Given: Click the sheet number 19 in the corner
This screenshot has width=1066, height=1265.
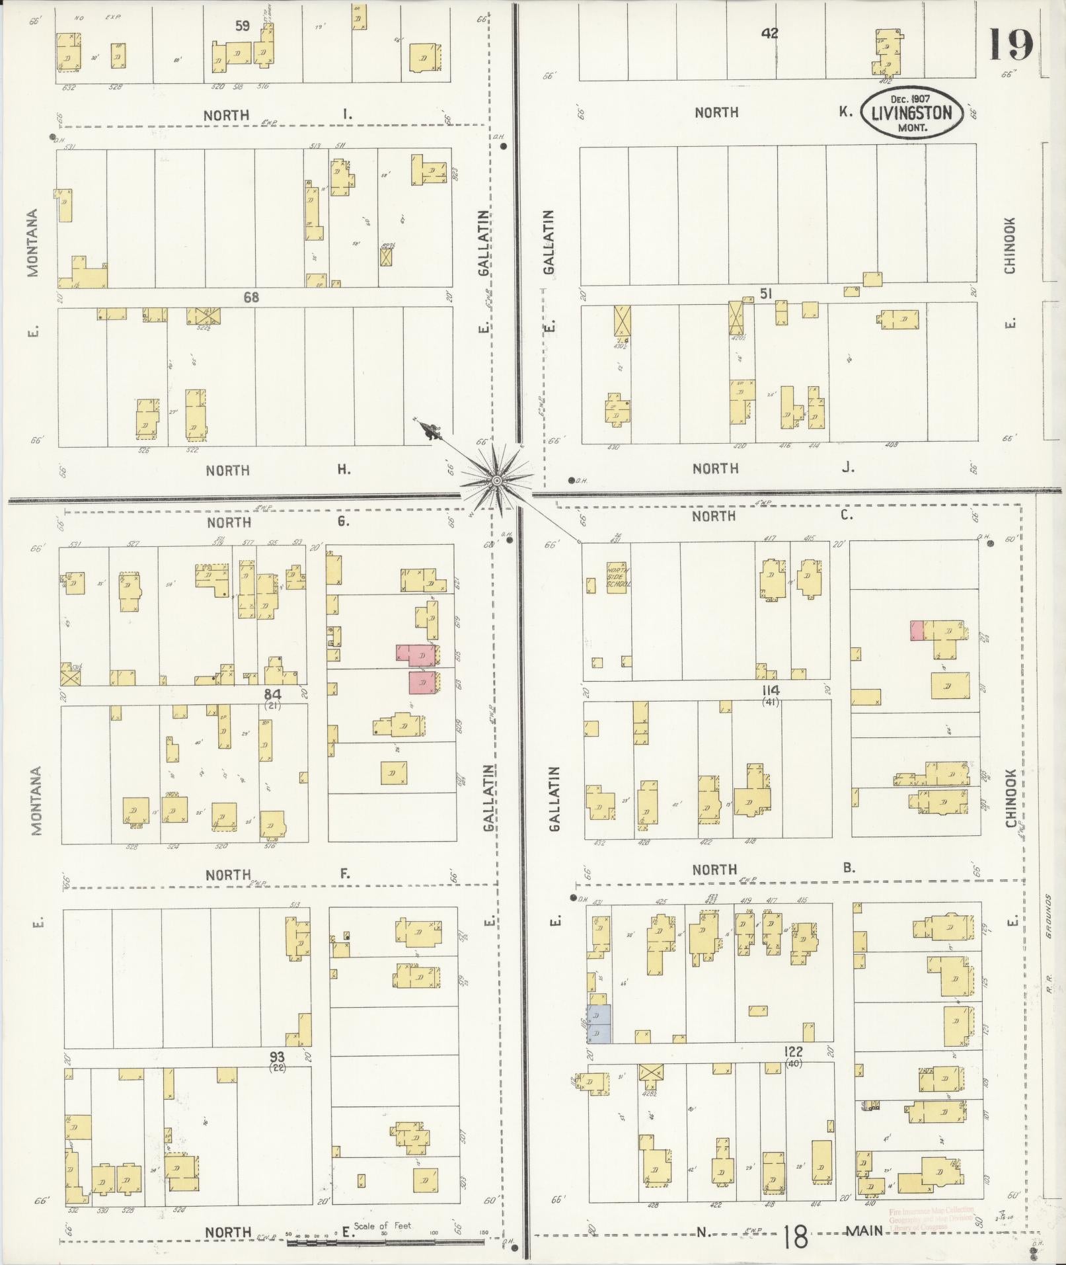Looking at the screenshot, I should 1010,45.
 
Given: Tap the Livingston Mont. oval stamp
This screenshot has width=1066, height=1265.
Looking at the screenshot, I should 911,114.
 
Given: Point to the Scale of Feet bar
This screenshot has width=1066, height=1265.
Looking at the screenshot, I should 386,1243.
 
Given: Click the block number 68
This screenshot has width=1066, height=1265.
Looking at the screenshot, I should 251,298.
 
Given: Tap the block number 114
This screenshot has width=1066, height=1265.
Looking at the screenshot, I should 771,690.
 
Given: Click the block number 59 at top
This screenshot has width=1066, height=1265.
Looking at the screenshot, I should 243,26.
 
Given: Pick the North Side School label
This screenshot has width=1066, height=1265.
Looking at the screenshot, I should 619,577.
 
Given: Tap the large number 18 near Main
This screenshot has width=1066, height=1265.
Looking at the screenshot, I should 795,1237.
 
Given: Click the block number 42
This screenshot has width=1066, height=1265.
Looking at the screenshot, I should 769,33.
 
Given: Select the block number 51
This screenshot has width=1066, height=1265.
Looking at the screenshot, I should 766,293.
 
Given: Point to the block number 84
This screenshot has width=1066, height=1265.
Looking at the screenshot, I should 273,694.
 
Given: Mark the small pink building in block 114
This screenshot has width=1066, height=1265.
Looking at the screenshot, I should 917,631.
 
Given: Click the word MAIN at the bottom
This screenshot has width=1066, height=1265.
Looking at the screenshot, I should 864,1231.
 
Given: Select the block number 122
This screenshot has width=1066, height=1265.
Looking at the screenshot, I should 794,1070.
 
